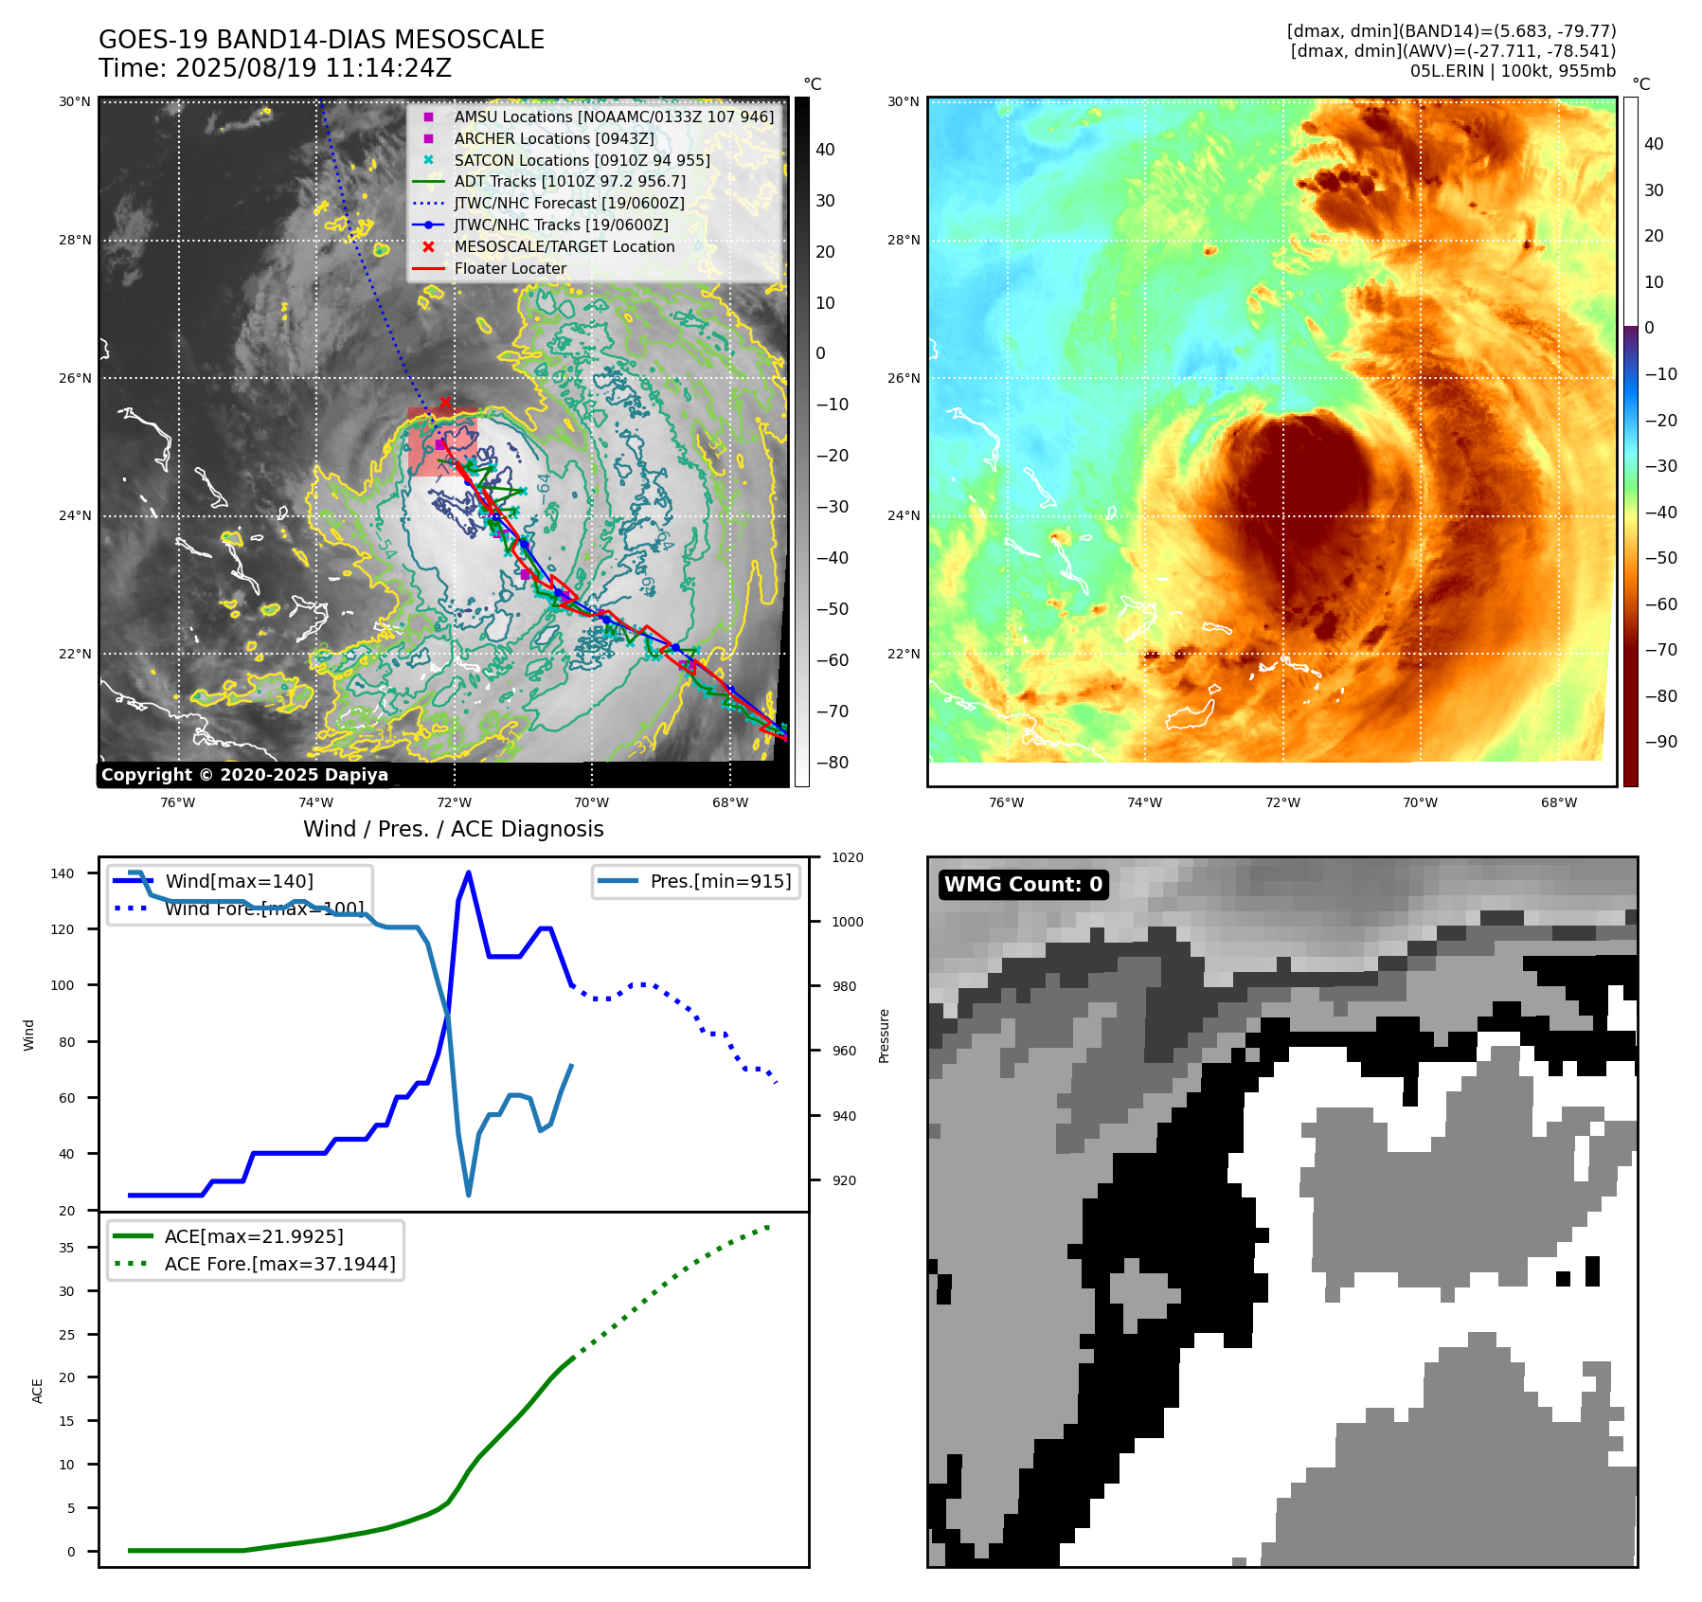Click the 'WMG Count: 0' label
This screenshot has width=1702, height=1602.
coord(1023,884)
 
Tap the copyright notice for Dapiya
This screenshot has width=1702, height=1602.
coord(244,775)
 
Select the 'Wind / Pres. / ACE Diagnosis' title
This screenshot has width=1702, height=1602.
coord(453,829)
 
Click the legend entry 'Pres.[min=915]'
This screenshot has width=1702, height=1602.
coord(720,881)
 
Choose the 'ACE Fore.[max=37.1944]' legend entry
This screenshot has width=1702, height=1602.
coord(279,1264)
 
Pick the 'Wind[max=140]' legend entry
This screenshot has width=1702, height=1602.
coord(239,881)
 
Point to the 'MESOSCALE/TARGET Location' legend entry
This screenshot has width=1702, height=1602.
coord(564,246)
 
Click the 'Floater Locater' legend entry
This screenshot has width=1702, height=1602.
coord(510,268)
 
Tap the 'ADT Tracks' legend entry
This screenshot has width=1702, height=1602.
coord(569,181)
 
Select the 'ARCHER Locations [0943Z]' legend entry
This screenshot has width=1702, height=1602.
coord(553,138)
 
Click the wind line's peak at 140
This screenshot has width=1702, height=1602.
coord(469,873)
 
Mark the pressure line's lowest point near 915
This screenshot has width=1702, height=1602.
coord(469,1195)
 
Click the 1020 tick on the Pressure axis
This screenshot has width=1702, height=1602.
coord(847,857)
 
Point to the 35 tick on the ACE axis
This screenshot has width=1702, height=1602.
coord(66,1248)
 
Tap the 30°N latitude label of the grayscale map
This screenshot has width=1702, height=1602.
coord(75,101)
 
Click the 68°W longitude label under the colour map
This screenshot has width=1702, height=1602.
coord(1558,802)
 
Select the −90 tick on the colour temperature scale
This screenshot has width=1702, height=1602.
coord(1660,742)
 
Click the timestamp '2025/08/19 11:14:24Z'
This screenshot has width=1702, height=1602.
coord(314,68)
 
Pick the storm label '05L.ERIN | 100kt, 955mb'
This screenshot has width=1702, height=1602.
coord(1513,71)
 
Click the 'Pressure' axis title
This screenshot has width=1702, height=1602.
coord(884,1035)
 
